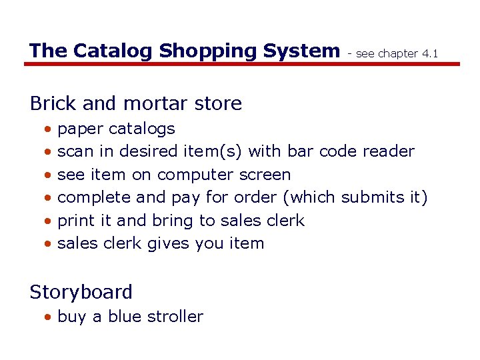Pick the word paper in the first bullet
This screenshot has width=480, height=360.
coord(80,129)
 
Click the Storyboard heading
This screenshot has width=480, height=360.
coord(81,292)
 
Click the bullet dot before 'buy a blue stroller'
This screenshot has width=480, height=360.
coord(47,317)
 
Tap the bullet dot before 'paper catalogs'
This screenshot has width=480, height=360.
coord(47,129)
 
